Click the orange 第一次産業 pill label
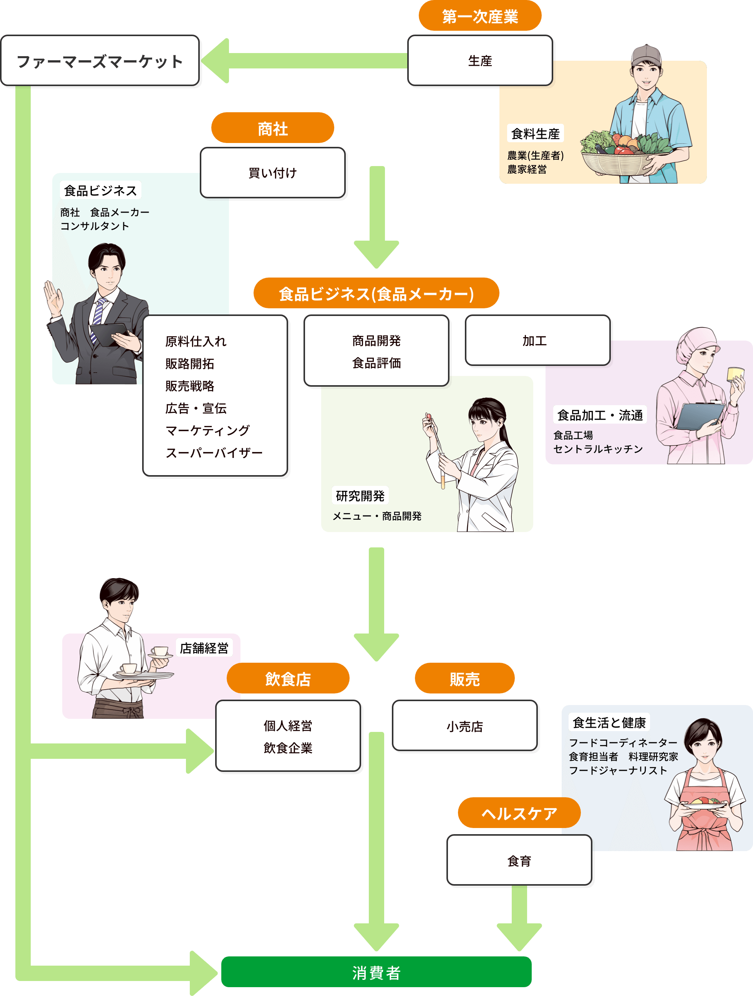(480, 16)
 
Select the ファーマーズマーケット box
(100, 61)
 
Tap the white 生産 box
(480, 61)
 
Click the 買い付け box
(272, 173)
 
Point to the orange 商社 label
(272, 128)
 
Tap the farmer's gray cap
(646, 55)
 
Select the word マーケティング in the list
(207, 431)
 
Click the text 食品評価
(376, 363)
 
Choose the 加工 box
(537, 341)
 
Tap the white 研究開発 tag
(360, 496)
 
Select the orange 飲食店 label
(288, 678)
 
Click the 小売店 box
(464, 726)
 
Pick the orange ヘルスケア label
(519, 813)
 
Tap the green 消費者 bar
(376, 973)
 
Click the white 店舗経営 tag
(204, 648)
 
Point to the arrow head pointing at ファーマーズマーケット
(216, 61)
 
